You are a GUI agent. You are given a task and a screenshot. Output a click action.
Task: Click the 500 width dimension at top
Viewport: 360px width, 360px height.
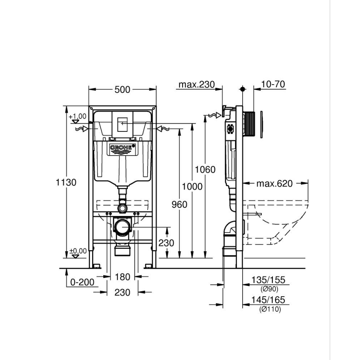(123, 90)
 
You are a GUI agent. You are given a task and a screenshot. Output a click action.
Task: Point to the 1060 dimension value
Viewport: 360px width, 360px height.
(205, 169)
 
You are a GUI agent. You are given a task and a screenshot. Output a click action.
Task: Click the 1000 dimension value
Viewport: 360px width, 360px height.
(192, 187)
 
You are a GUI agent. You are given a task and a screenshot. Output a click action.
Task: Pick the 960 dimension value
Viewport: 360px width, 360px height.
(179, 204)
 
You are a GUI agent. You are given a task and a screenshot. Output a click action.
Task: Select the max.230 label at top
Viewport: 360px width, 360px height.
(197, 85)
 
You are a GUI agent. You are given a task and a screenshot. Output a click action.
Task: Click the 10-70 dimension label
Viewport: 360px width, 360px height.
(273, 85)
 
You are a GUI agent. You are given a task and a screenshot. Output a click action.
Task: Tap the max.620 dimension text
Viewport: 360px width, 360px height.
(274, 183)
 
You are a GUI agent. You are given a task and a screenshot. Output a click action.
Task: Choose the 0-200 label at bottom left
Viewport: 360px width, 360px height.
(82, 282)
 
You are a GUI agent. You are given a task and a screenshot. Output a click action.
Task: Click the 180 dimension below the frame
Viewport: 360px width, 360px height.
(122, 277)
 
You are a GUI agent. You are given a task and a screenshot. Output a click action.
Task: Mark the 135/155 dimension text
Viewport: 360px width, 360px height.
(268, 280)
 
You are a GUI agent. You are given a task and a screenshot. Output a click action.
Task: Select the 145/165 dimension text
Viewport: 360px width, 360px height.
(268, 300)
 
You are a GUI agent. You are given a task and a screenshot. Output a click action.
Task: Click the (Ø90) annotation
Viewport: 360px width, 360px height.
(269, 289)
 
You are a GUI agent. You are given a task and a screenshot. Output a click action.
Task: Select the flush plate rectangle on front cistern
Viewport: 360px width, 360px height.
(123, 124)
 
